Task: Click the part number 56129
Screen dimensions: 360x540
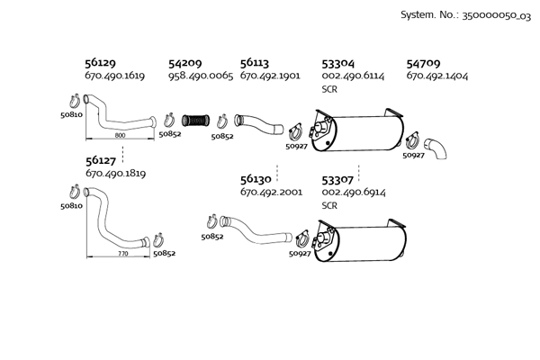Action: tap(100, 64)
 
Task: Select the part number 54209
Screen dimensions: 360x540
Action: tap(184, 64)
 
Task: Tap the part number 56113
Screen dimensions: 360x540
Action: tap(256, 64)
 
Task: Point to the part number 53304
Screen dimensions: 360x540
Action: tap(338, 64)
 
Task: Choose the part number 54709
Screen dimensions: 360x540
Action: tap(423, 64)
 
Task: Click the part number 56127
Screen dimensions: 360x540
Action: tap(100, 159)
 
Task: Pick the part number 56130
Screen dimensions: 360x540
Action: tap(257, 179)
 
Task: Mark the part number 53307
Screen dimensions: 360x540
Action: tap(338, 179)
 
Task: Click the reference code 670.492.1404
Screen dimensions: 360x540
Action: tap(436, 77)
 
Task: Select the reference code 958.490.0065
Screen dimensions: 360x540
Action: tap(200, 77)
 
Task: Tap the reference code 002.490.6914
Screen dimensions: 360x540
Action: tap(353, 193)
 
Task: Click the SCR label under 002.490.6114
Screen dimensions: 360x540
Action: tap(329, 90)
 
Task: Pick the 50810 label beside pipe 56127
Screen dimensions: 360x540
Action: tap(72, 206)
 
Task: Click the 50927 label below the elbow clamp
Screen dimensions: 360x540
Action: tap(413, 156)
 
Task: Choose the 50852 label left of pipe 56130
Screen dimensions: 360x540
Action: tap(212, 236)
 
